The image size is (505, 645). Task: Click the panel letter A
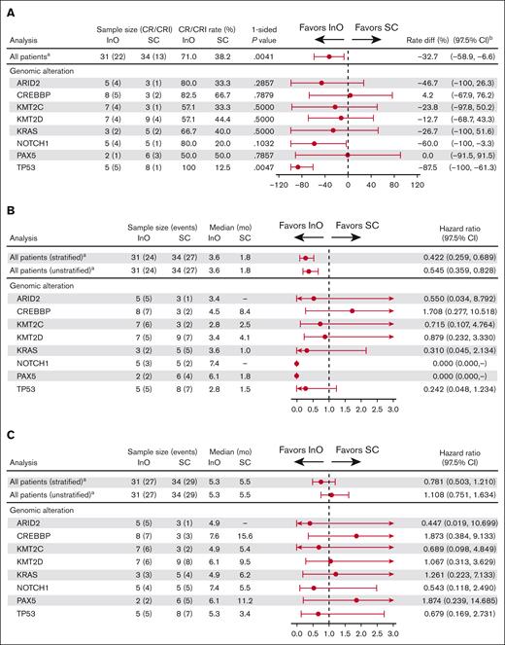[x=11, y=8]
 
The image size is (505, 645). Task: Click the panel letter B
[x=11, y=222]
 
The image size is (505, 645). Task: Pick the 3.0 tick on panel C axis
[x=393, y=631]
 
